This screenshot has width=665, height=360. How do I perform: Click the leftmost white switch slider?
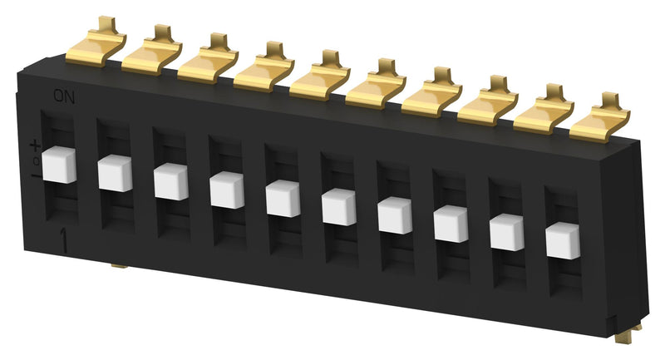click(x=60, y=165)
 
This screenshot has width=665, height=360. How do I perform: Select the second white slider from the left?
click(x=116, y=173)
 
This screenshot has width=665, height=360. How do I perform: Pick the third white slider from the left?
click(x=171, y=182)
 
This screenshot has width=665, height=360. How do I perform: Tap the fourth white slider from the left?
click(x=227, y=190)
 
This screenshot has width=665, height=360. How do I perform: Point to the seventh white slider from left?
click(x=394, y=216)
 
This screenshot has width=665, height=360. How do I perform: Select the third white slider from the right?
click(x=451, y=224)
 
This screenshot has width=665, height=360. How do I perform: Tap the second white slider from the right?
click(x=506, y=233)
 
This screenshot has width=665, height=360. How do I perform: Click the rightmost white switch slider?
click(x=562, y=241)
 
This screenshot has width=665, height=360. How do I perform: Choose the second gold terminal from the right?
click(x=543, y=115)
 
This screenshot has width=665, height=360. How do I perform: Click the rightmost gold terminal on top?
click(x=598, y=123)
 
